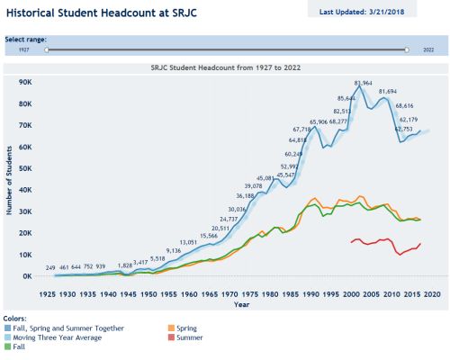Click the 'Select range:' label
[26, 40]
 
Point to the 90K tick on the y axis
[24, 81]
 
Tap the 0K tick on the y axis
[26, 275]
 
